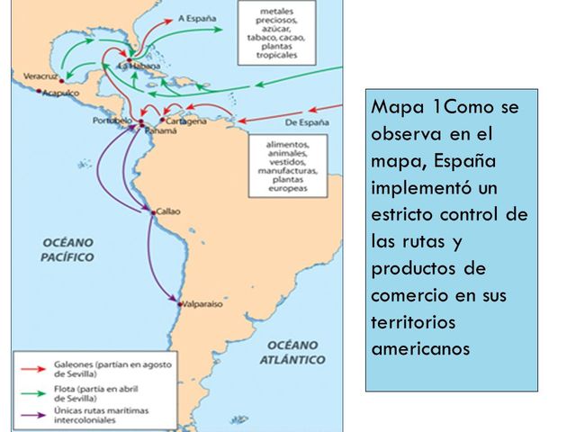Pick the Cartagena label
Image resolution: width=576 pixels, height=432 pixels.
point(186,121)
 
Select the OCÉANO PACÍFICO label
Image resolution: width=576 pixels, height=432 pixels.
point(68,249)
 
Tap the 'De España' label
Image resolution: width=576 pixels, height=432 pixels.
point(306,122)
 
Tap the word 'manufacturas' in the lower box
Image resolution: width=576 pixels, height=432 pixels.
point(289,169)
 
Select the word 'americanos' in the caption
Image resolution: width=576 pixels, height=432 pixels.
point(420,347)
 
